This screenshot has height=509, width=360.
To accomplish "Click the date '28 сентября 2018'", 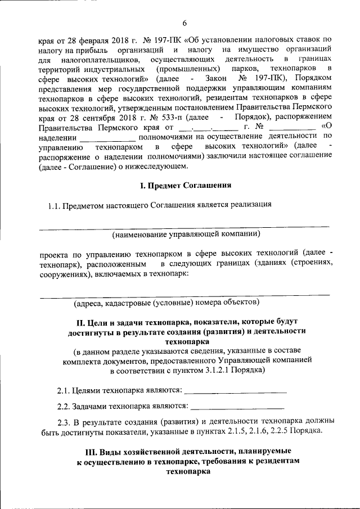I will pos(90,116).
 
